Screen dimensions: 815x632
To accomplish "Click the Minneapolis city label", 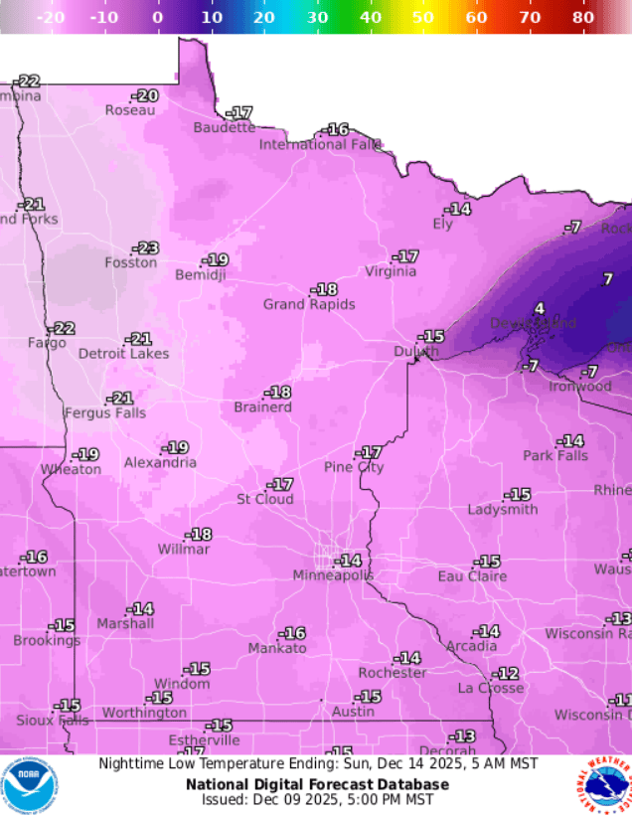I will coord(333,576).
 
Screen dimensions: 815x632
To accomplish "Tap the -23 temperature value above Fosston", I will coord(146,247).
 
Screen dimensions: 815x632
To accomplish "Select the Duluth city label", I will coord(415,352).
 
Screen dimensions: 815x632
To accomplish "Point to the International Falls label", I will coord(320,144).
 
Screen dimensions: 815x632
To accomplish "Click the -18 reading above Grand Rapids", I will coord(324,289).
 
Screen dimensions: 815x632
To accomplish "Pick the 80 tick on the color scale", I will coord(583,18).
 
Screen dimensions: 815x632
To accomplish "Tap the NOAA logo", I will coord(30,785).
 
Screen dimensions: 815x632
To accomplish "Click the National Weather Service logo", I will coord(603,785).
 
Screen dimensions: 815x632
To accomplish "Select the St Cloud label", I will coord(264,499).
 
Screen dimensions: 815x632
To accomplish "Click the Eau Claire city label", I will coord(472,576).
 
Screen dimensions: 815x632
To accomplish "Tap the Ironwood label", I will coord(580,386).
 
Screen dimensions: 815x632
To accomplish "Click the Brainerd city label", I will coord(262,407).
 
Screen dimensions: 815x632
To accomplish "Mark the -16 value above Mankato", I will coord(292,633).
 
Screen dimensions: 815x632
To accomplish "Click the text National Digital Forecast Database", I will coord(317,784).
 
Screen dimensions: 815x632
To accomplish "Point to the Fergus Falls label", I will coord(105,412).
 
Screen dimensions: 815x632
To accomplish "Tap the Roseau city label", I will coord(130,110).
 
